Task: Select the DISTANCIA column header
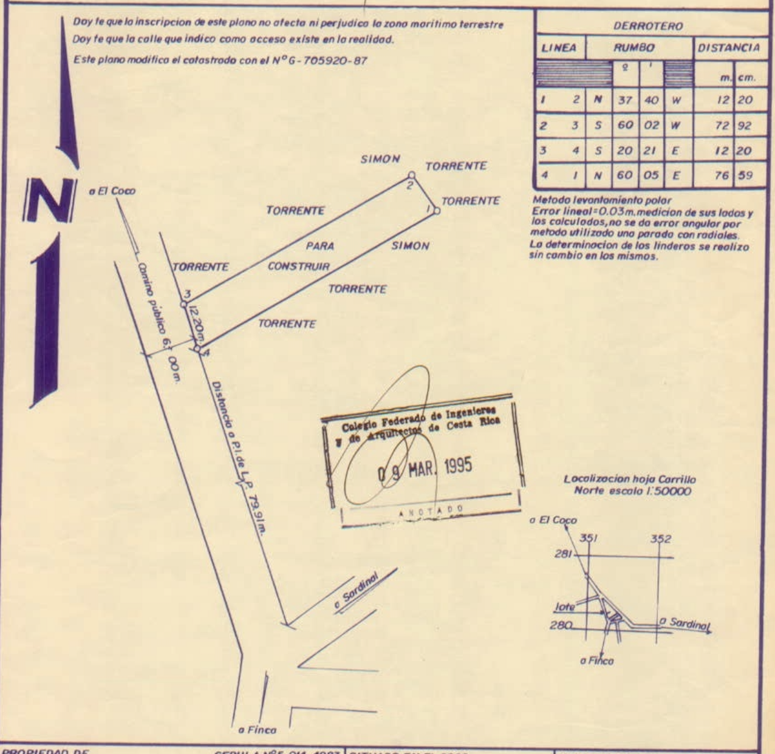pos(728,48)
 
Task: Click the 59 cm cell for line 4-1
pos(746,176)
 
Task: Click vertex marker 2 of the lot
pos(411,175)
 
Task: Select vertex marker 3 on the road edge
pos(183,303)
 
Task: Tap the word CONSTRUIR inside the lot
pos(299,267)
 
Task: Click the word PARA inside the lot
pos(320,246)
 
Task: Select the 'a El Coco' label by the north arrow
pos(112,191)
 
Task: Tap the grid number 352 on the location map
pos(661,539)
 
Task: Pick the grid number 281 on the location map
pos(563,554)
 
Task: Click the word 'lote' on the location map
pos(565,606)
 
